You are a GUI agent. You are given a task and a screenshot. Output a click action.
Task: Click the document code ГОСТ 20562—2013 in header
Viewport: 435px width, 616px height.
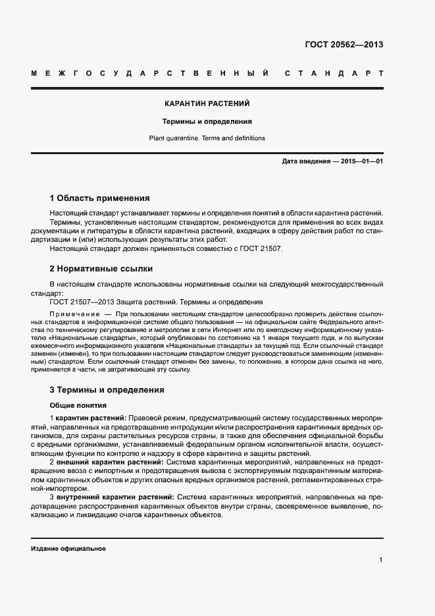344,45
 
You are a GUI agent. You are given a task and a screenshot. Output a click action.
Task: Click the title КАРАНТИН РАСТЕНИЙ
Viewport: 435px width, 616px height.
207,103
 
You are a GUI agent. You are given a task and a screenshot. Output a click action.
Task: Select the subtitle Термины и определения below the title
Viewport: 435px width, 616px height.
207,121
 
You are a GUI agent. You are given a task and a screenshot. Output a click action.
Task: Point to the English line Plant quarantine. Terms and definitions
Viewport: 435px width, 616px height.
207,138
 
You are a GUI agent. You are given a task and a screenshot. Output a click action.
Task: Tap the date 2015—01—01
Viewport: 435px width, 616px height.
362,161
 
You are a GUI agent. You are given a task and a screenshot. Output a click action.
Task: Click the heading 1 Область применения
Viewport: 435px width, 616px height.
100,198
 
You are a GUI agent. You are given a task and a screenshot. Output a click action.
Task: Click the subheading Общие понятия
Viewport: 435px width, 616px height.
78,405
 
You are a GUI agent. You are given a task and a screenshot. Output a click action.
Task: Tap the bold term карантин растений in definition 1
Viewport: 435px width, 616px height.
91,418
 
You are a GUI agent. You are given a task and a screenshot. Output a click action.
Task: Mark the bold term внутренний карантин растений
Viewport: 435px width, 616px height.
107,496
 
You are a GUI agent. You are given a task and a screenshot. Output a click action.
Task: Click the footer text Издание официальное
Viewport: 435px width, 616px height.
68,549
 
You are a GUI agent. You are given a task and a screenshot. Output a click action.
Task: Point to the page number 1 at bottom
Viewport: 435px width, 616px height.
381,559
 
